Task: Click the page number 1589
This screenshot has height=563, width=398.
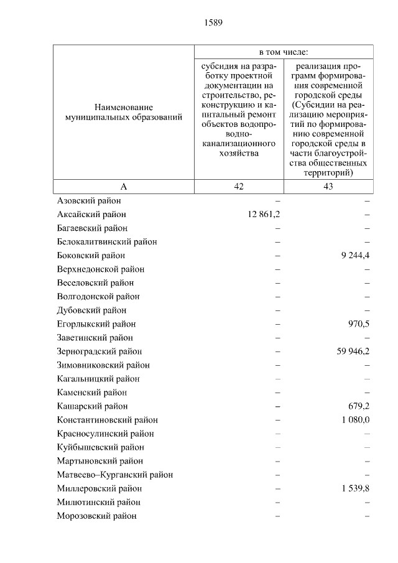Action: click(x=213, y=23)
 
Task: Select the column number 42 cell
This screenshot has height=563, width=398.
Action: click(x=239, y=187)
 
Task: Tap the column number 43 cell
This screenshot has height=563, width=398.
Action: click(x=328, y=187)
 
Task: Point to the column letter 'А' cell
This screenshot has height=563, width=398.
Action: click(x=123, y=187)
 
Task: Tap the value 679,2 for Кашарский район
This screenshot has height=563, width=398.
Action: click(x=359, y=406)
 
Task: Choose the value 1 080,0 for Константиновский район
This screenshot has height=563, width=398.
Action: click(x=355, y=419)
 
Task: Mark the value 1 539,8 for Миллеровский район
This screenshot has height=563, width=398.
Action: click(x=355, y=488)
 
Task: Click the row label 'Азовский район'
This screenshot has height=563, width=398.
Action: click(x=89, y=200)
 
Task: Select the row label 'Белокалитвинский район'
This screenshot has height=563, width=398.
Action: click(x=106, y=241)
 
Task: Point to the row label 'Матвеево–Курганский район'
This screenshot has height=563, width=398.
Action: click(x=114, y=474)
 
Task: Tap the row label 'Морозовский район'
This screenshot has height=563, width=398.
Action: click(x=96, y=515)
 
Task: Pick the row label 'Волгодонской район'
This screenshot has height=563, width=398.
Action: click(x=98, y=296)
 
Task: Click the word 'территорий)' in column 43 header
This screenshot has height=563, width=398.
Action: click(x=328, y=173)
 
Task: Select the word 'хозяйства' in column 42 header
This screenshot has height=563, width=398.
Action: click(x=239, y=153)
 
